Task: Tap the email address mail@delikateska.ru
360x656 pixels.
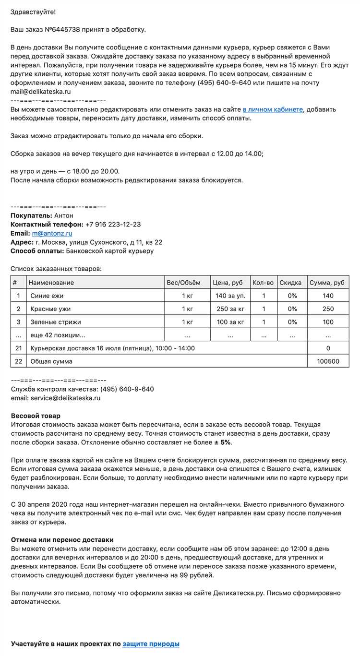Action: click(41, 92)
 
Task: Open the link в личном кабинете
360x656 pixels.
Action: click(273, 109)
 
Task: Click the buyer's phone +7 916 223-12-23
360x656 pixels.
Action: click(113, 225)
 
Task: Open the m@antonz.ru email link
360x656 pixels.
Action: click(52, 233)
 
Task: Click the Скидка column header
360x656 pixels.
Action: click(290, 283)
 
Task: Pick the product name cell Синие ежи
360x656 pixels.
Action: click(47, 296)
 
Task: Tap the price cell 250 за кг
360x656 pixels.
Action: click(230, 309)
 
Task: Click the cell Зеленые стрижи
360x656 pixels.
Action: click(56, 322)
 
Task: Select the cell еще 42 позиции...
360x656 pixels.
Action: click(58, 335)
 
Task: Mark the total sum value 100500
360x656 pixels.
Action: click(328, 361)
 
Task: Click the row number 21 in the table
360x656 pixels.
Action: click(19, 348)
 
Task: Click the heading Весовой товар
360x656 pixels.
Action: click(36, 416)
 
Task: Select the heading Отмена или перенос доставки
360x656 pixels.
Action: click(62, 540)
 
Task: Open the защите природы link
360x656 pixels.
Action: click(151, 644)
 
